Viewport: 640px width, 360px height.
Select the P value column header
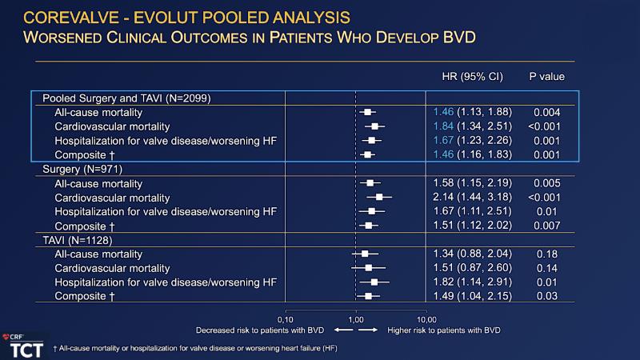pyautogui.click(x=546, y=77)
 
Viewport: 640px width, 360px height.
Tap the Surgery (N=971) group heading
pyautogui.click(x=82, y=169)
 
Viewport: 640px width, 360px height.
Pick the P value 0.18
pyautogui.click(x=547, y=254)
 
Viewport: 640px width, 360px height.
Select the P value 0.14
pyautogui.click(x=547, y=268)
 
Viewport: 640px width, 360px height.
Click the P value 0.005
pyautogui.click(x=547, y=182)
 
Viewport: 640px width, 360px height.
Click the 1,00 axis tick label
pyautogui.click(x=355, y=318)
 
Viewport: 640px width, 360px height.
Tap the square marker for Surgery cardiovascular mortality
pyautogui.click(x=379, y=197)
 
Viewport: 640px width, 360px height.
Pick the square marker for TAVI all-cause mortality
pyautogui.click(x=365, y=254)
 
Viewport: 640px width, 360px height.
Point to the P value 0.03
pyautogui.click(x=547, y=297)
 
